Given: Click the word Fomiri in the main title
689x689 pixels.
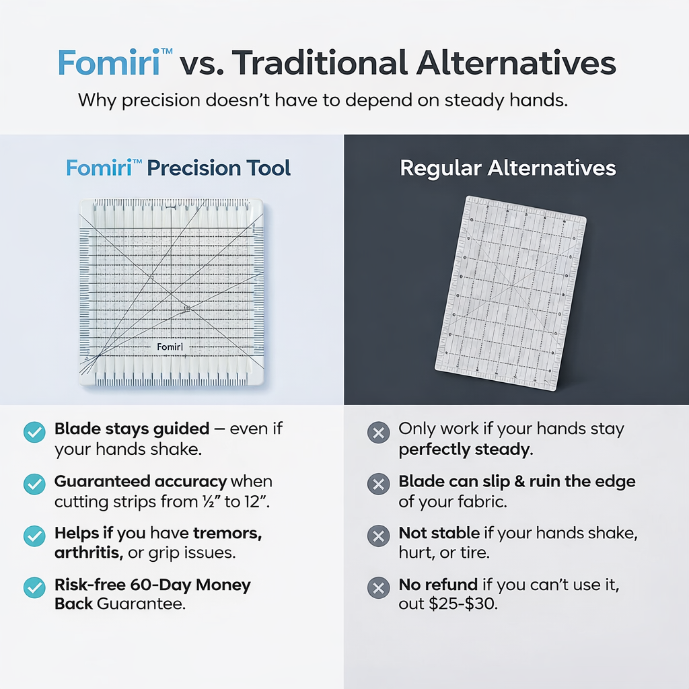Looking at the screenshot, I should point(108,63).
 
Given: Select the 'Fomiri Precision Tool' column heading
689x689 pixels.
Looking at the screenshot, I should point(178,168).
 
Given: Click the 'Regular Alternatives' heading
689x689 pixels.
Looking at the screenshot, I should point(508,168).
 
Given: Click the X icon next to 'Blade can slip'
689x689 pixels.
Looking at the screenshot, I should point(378,484).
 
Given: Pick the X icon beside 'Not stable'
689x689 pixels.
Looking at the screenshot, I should point(378,536).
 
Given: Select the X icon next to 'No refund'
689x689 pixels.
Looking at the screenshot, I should point(378,587).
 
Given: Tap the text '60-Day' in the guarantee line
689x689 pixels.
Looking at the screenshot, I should point(158,585).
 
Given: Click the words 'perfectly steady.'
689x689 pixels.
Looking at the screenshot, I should point(466,449).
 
